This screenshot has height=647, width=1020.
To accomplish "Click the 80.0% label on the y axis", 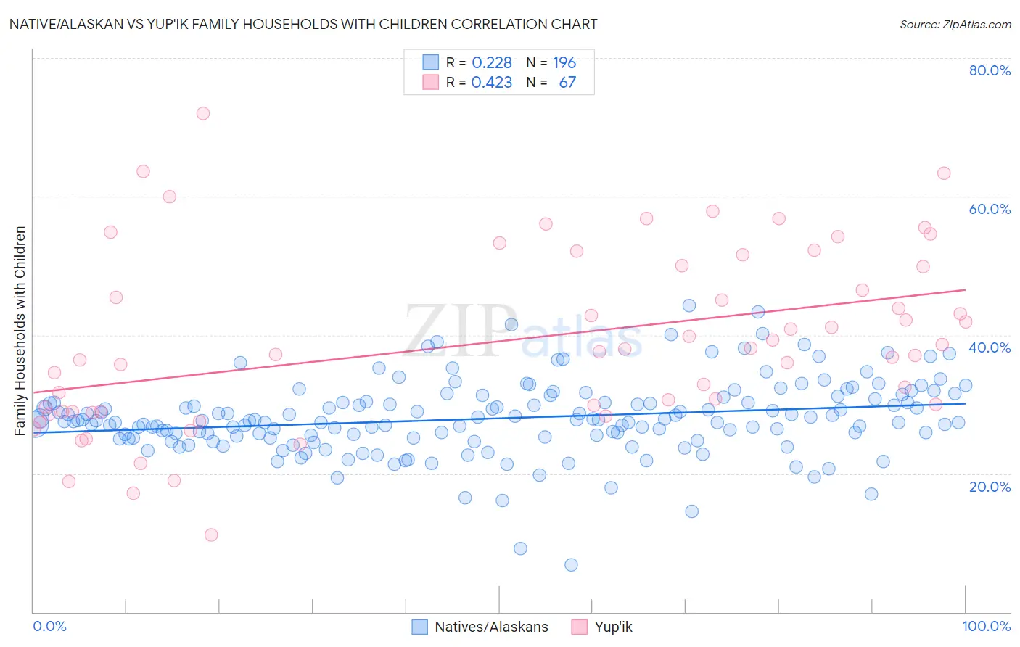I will coord(990,70).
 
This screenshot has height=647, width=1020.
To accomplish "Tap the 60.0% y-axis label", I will coord(990,209).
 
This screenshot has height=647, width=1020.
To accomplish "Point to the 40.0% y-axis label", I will coord(990,347).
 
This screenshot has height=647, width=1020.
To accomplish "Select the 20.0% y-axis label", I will coord(990,486).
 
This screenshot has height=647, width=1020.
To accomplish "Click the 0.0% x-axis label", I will coord(49,626).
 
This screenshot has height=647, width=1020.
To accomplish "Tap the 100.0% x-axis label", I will coord(987,626).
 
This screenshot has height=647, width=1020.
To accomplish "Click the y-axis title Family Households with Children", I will coord(20,331).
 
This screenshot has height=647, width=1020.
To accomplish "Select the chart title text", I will coord(303,24).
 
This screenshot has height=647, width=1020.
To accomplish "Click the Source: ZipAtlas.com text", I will coord(955,24).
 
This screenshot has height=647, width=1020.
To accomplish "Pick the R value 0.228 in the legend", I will coord(492,63).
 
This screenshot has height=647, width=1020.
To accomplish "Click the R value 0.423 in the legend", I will coord(492,83).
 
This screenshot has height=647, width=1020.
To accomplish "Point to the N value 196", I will coord(564,63).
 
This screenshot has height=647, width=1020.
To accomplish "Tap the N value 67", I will coord(567,83).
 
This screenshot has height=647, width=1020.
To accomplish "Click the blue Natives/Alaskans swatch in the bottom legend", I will coord(419,627).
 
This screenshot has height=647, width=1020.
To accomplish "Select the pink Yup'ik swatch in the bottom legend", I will coord(579,627).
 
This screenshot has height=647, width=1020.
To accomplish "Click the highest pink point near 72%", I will coord(203,113).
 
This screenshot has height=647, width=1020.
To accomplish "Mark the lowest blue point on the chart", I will coord(571,565).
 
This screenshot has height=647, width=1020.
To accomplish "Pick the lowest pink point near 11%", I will coord(211,535).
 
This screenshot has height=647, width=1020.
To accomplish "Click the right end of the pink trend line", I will coord(965,289).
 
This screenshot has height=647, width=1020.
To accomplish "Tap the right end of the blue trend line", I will coord(965,403).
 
